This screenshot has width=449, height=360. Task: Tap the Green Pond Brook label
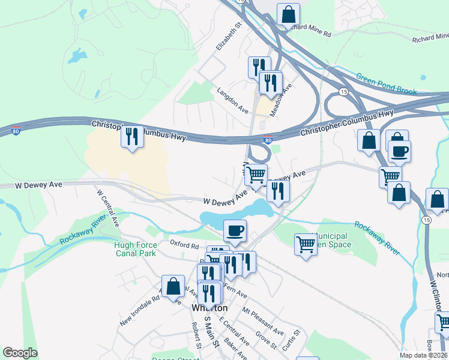click(386, 84)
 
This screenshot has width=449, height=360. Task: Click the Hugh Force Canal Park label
click(136, 249)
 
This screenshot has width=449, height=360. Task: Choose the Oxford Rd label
click(184, 245)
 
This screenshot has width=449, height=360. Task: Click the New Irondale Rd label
click(139, 310)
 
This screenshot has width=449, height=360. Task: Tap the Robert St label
click(195, 335)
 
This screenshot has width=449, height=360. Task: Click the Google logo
click(20, 353)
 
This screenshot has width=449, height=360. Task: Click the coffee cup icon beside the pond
click(235, 230)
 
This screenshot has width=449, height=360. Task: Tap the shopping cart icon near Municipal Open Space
click(306, 244)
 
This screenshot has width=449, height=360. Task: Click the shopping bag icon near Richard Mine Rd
click(288, 14)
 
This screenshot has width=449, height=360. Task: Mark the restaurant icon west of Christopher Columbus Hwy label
click(132, 136)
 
